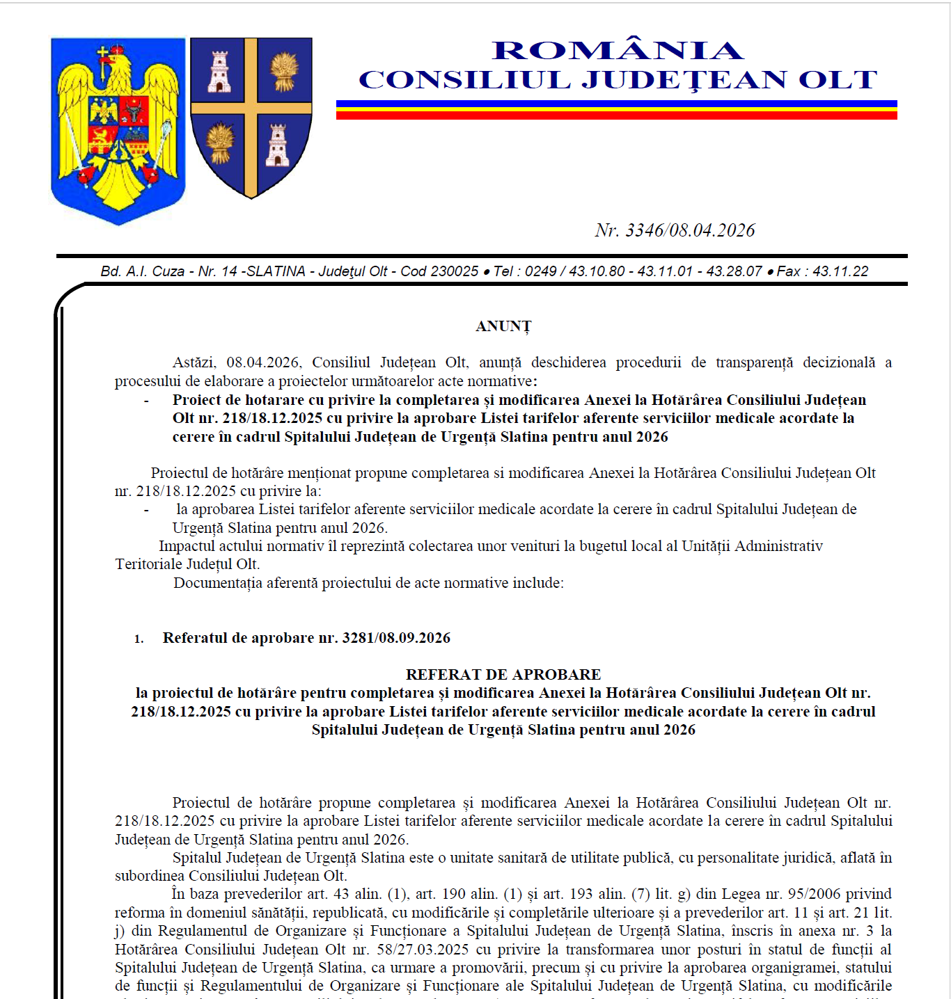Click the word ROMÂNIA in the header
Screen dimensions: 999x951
[x=618, y=50]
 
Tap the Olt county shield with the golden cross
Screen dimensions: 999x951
[x=251, y=116]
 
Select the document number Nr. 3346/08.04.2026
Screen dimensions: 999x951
[x=675, y=230]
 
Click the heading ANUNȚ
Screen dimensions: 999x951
[x=503, y=326]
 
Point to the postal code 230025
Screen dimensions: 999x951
[x=455, y=271]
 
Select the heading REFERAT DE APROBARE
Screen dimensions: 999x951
[x=503, y=675]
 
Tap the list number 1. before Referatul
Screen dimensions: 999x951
[x=139, y=639]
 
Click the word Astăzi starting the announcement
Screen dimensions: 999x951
[x=194, y=362]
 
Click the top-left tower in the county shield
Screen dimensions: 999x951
[x=220, y=72]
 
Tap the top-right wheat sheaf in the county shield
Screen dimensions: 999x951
[x=283, y=72]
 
